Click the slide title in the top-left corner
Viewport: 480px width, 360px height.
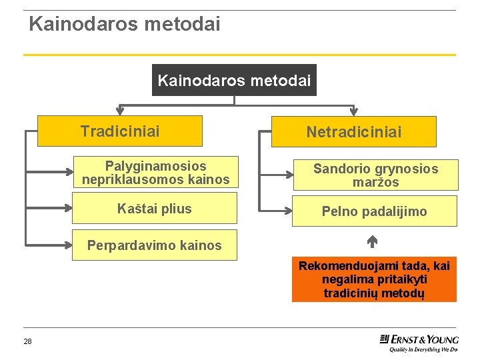coord(124,25)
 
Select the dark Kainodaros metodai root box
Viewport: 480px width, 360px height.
coord(234,80)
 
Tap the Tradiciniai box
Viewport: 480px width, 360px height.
coord(120,131)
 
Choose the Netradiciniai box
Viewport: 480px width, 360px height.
coord(353,132)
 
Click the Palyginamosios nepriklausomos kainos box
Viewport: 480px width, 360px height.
coord(155,173)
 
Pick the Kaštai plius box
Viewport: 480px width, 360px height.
coord(155,209)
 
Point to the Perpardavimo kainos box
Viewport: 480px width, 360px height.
coord(155,245)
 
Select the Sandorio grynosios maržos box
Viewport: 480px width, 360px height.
coord(375,175)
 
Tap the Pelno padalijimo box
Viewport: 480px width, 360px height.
coord(375,211)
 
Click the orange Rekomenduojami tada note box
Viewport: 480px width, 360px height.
coord(374,279)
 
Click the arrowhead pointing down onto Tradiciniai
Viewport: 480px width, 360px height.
coord(120,111)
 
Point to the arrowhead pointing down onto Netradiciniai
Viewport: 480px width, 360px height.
coord(353,112)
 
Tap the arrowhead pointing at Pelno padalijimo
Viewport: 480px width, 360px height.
coord(290,212)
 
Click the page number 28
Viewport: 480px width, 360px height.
coord(27,342)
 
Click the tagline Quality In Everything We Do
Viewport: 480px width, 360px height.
coord(423,349)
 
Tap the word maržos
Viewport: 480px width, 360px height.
coord(376,182)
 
